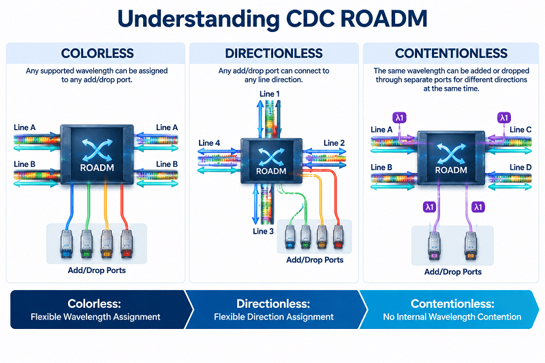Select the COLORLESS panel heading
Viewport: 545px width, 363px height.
(x=97, y=53)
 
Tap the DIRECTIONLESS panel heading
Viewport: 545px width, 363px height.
(x=274, y=53)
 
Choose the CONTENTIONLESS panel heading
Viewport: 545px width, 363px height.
(x=451, y=53)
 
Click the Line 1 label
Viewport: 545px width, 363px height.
(x=269, y=94)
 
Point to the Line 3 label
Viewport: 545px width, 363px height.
(x=263, y=232)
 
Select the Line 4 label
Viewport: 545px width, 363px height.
(x=209, y=143)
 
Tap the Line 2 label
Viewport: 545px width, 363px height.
(x=334, y=143)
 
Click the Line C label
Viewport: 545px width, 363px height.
(x=520, y=129)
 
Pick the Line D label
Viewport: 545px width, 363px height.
(x=520, y=167)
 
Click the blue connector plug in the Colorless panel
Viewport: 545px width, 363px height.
(x=66, y=244)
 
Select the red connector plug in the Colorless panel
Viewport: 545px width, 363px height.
(x=127, y=244)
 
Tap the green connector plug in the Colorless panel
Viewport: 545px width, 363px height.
(x=87, y=244)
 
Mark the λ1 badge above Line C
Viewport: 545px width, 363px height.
(x=504, y=118)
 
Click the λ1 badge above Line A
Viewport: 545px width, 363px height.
(x=399, y=118)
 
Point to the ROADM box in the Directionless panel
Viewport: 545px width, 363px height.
(x=271, y=161)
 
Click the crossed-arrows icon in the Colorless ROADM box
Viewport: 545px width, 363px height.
(x=97, y=149)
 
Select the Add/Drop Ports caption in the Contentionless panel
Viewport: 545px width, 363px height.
(x=453, y=272)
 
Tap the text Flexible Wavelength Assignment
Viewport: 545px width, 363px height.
(x=95, y=317)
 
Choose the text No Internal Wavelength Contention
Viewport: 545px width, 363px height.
(x=452, y=317)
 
